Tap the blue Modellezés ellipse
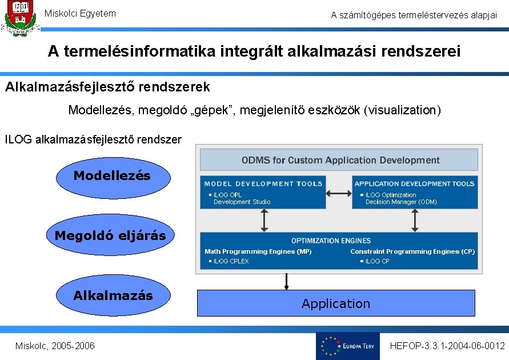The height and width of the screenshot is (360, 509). coord(113,177)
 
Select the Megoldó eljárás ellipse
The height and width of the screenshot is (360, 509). coord(110,235)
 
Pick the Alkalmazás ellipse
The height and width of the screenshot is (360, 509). coord(113,296)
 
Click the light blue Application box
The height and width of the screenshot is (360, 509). coord(336,303)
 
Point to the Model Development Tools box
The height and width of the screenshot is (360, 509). coord(263,193)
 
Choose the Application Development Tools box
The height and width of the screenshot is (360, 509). coord(415,193)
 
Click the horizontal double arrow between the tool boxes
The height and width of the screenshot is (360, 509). coord(339,193)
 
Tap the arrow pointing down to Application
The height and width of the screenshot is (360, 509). coord(286,281)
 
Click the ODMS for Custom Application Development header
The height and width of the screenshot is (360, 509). coord(340,160)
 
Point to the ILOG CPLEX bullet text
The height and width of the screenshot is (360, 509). coord(231,262)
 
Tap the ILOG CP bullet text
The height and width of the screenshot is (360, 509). coord(377,262)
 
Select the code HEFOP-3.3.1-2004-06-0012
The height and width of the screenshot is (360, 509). coord(447,346)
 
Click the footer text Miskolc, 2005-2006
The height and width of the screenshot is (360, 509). coord(55,346)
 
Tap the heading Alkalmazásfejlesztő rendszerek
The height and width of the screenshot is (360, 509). coord(107,87)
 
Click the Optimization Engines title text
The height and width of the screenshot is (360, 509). coord(331,241)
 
